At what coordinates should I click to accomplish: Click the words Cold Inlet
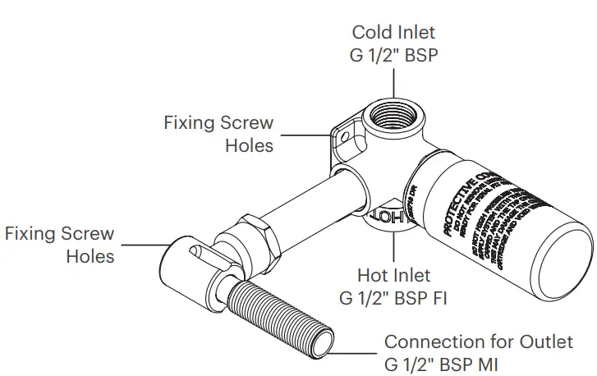(393, 33)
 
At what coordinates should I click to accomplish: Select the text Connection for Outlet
(479, 342)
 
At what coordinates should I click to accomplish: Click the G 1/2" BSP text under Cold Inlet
(393, 56)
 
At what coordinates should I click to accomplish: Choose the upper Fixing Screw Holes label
(218, 134)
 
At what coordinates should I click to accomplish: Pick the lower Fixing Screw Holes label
(59, 245)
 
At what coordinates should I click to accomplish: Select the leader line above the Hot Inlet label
(393, 246)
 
